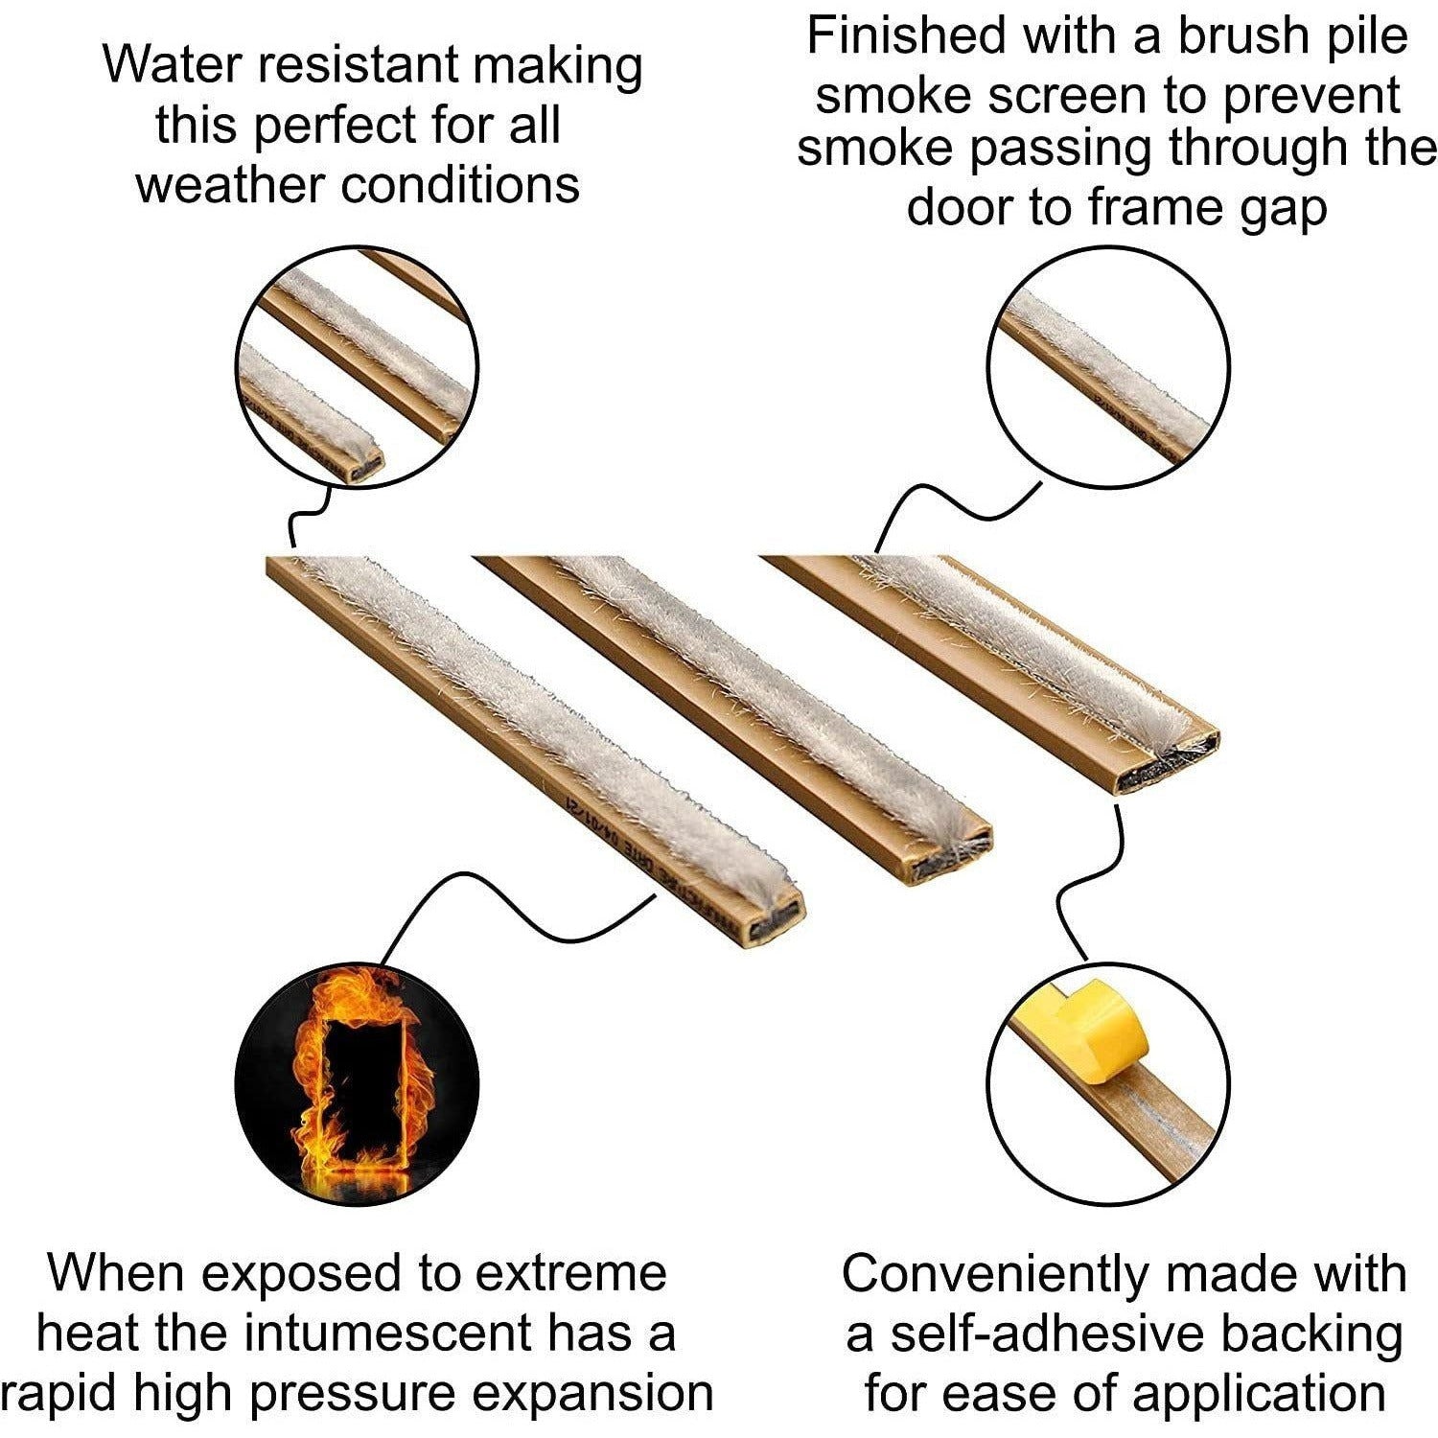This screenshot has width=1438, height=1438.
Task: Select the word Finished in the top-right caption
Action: (906, 35)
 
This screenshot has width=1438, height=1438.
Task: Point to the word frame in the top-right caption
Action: (1147, 208)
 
